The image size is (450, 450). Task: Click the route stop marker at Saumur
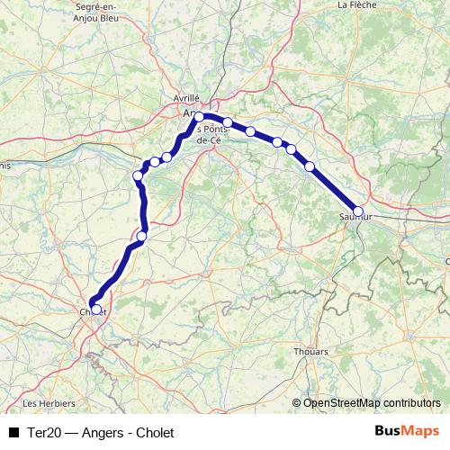point(358,211)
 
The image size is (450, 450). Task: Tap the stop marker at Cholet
point(96,309)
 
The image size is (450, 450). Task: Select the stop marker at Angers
point(199,117)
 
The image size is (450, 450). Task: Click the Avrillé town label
point(186,97)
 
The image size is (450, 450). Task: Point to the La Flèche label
point(355,4)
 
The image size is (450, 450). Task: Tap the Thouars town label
point(310,352)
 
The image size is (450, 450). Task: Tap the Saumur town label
point(355,217)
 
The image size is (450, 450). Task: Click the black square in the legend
point(13,433)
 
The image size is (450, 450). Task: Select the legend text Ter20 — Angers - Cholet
point(100,433)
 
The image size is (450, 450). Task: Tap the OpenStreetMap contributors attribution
point(365,403)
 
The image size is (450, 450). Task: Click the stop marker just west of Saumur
point(310,166)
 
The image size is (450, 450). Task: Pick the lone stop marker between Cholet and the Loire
point(141,236)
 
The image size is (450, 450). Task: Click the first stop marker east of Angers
point(229,122)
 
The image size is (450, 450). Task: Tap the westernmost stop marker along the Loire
point(138,175)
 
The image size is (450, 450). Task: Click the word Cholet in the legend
point(156,433)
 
